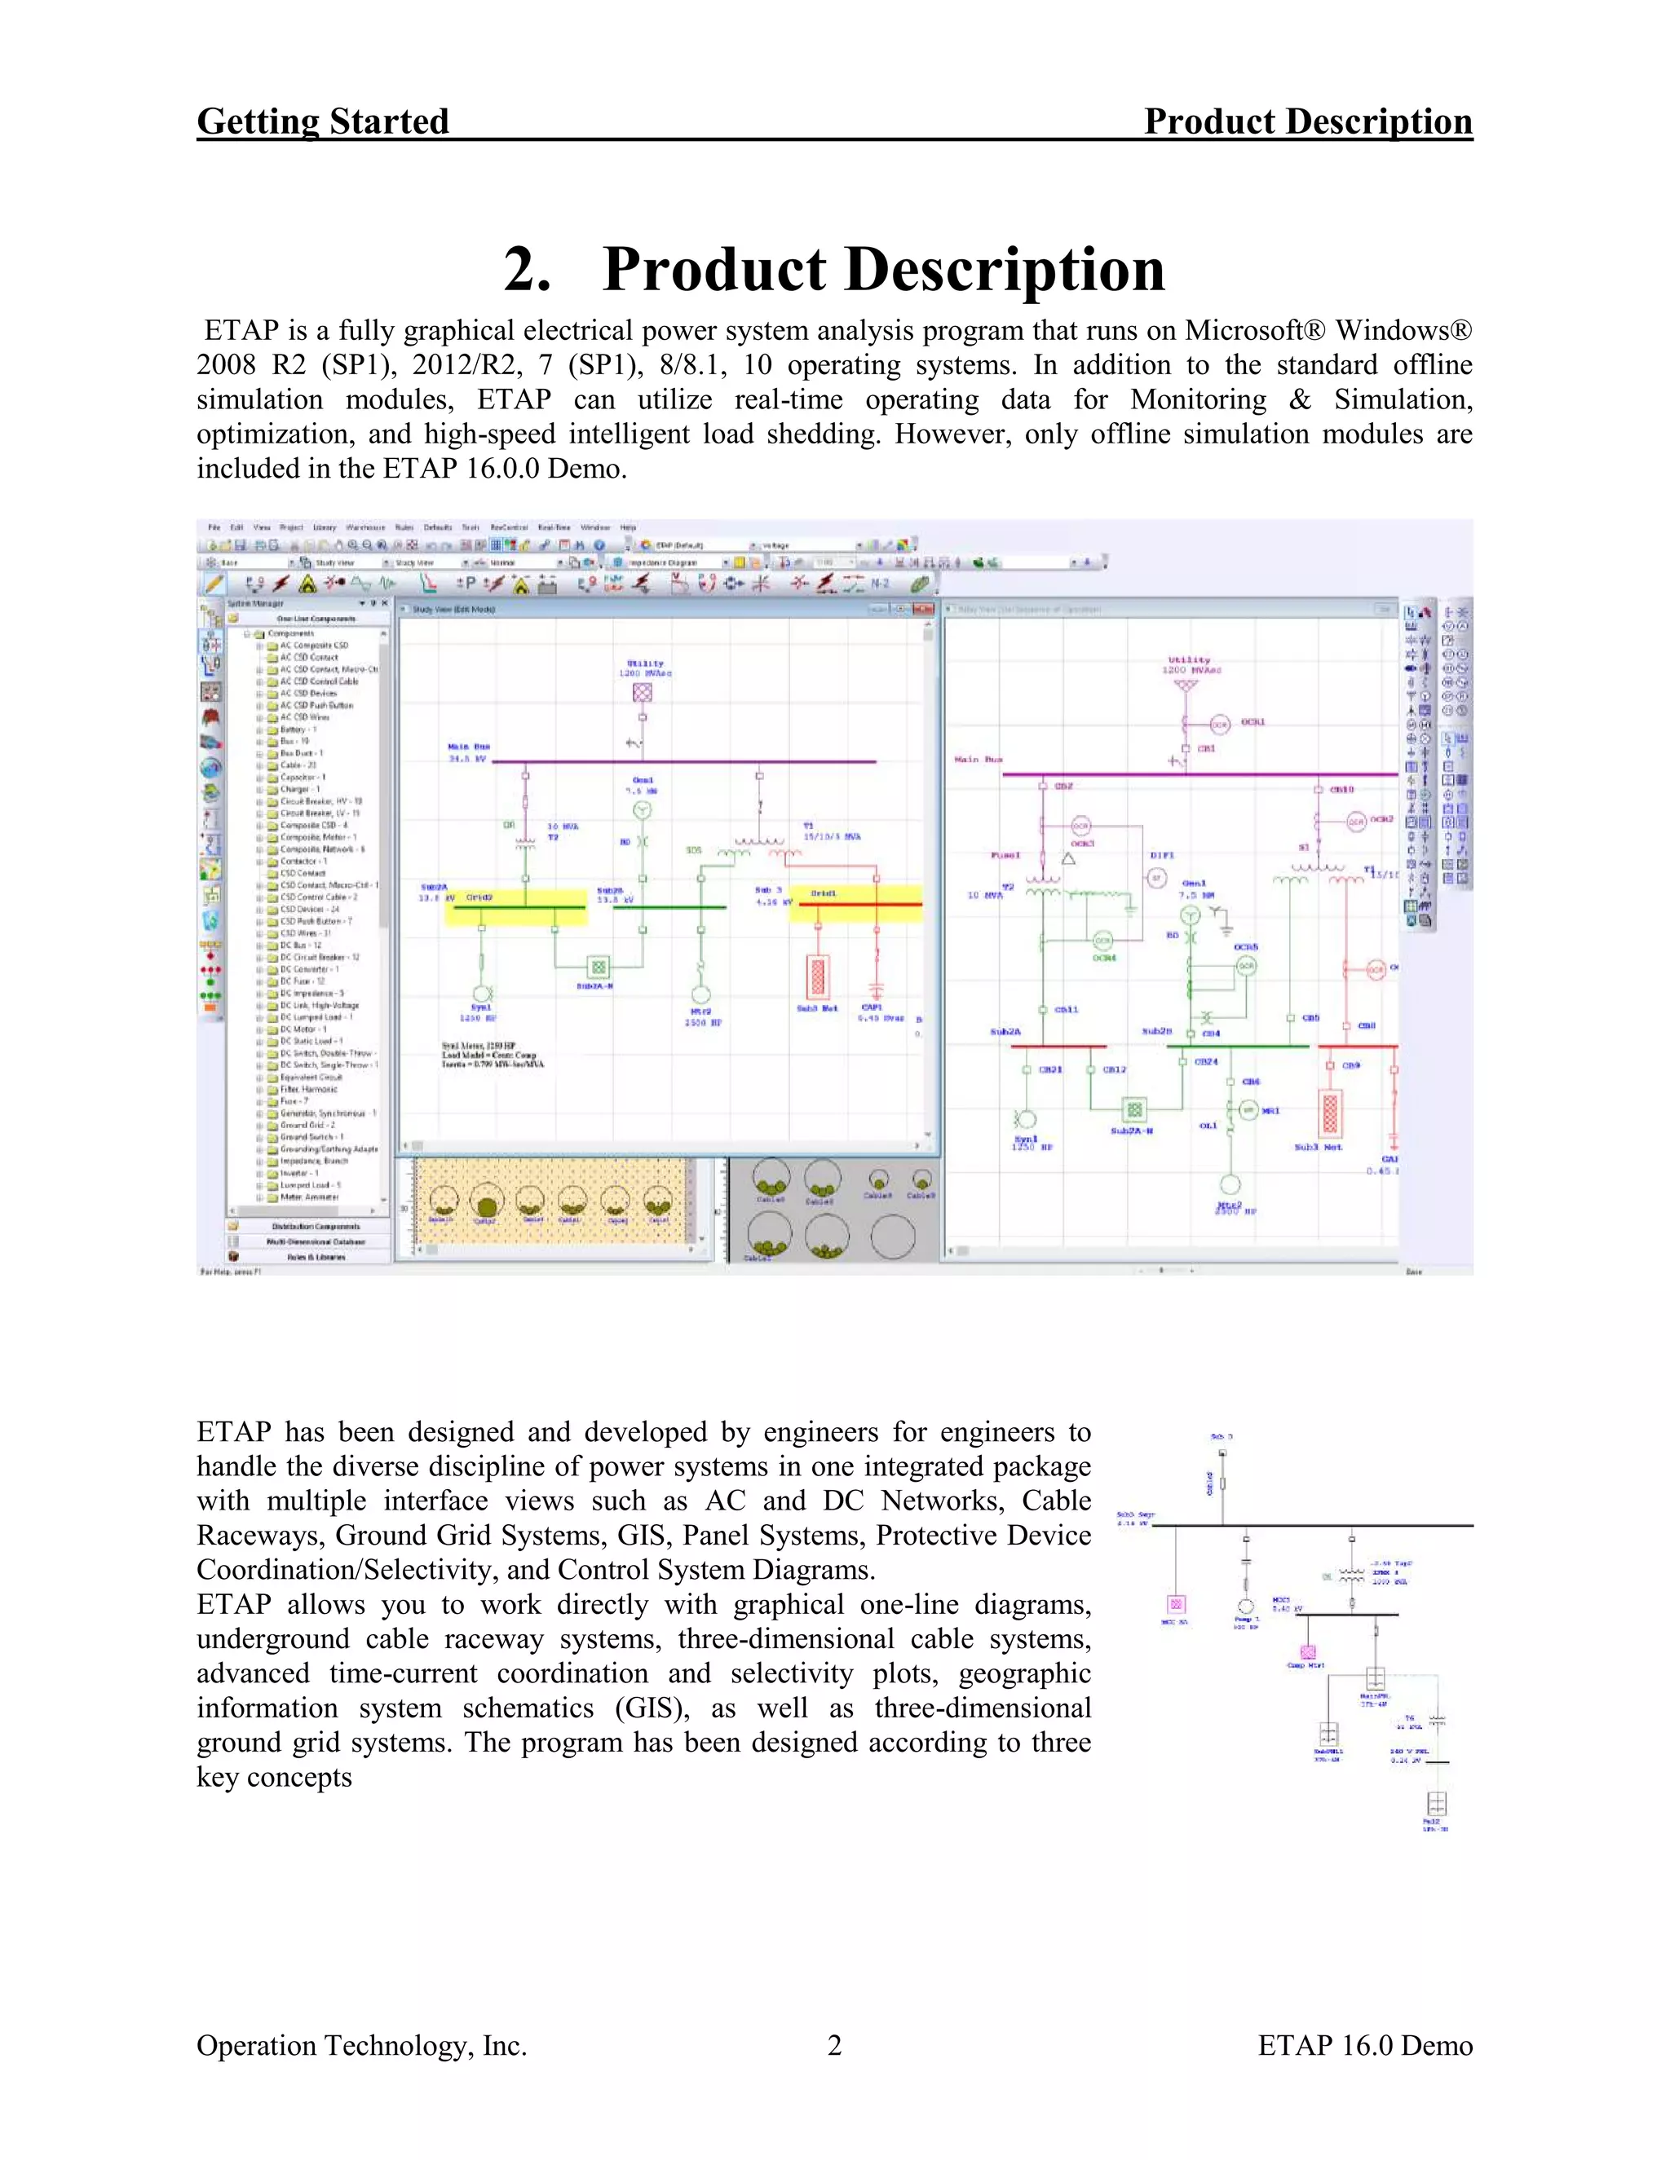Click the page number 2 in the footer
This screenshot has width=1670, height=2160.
(x=834, y=2045)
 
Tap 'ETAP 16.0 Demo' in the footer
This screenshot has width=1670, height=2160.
(x=1364, y=2045)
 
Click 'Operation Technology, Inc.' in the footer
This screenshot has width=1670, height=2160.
(x=361, y=2045)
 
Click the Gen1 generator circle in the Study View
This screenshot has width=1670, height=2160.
(x=642, y=810)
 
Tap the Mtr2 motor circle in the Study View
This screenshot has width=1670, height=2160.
(x=700, y=994)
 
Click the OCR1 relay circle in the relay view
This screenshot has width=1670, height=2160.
(x=1220, y=724)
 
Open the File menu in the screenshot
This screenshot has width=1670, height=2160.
(x=214, y=527)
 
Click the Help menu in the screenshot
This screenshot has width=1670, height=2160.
(x=628, y=527)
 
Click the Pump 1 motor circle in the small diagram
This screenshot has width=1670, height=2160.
(x=1246, y=1607)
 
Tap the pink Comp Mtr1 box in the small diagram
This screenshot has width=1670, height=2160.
(x=1308, y=1653)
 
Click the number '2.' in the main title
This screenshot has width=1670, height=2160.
(x=528, y=269)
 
